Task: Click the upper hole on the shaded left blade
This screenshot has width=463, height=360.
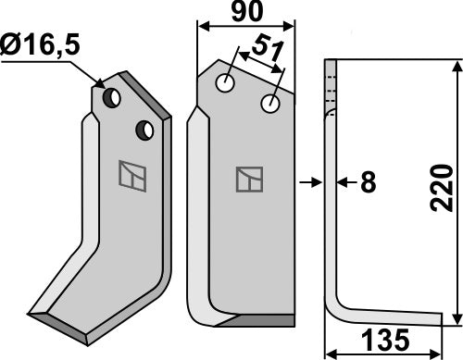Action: point(111,96)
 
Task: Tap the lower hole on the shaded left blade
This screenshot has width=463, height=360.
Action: point(144,130)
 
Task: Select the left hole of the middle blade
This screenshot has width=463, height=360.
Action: point(225,84)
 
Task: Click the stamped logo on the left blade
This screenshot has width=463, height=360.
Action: point(131,176)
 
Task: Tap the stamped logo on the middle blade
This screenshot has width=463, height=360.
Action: point(249,179)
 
